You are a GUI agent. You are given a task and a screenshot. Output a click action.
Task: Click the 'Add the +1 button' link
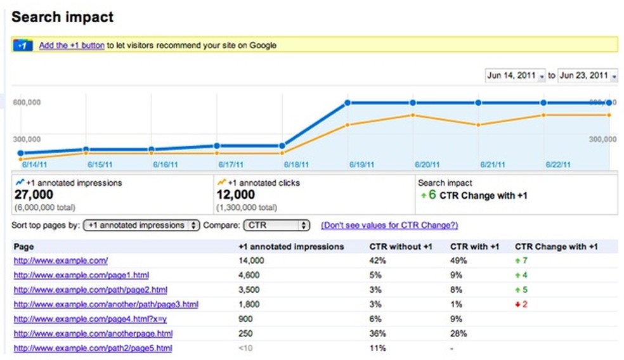[72, 46]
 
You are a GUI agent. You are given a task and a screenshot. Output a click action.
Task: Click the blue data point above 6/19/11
[348, 103]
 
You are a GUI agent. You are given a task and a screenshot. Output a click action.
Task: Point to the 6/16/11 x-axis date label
[166, 164]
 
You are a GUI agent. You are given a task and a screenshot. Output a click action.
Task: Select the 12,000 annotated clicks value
[236, 195]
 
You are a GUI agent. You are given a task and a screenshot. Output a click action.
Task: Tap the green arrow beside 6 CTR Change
[422, 195]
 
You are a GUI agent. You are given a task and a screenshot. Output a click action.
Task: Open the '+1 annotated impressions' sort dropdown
[141, 225]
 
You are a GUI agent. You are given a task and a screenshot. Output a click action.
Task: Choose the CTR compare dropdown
[276, 225]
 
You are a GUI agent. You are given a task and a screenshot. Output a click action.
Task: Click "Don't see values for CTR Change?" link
[389, 225]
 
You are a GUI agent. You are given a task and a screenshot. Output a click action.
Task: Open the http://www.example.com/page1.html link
[81, 275]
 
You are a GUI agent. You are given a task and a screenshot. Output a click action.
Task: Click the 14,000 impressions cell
[252, 260]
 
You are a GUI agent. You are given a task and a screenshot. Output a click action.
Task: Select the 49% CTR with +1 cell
[458, 260]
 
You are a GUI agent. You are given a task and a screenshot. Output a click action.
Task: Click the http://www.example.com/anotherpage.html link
[93, 333]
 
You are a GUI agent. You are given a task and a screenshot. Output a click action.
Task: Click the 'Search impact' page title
[62, 17]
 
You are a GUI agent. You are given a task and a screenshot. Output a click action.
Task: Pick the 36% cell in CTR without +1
[378, 333]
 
